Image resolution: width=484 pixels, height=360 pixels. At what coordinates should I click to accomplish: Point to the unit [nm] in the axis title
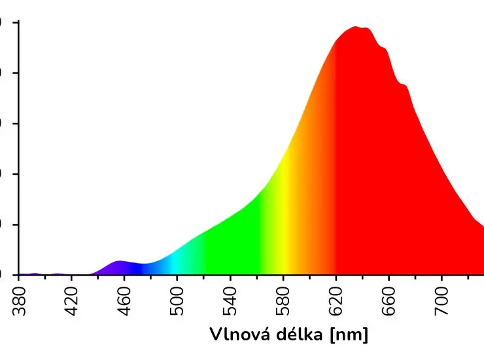[x=350, y=335]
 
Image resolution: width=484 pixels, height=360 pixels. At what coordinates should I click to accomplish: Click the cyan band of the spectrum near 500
[x=177, y=262]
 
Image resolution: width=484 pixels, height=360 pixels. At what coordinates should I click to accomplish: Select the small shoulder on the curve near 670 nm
[x=404, y=86]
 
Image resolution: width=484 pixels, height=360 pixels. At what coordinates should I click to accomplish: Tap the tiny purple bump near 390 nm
[x=35, y=274]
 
